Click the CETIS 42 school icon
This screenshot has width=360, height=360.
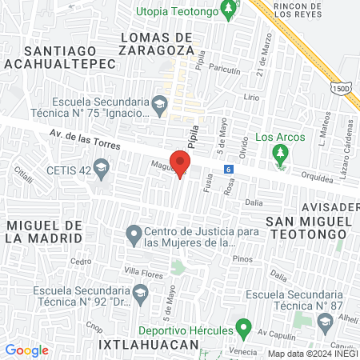[101, 168]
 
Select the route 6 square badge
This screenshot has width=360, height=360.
[229, 169]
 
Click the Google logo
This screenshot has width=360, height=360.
[26, 350]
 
